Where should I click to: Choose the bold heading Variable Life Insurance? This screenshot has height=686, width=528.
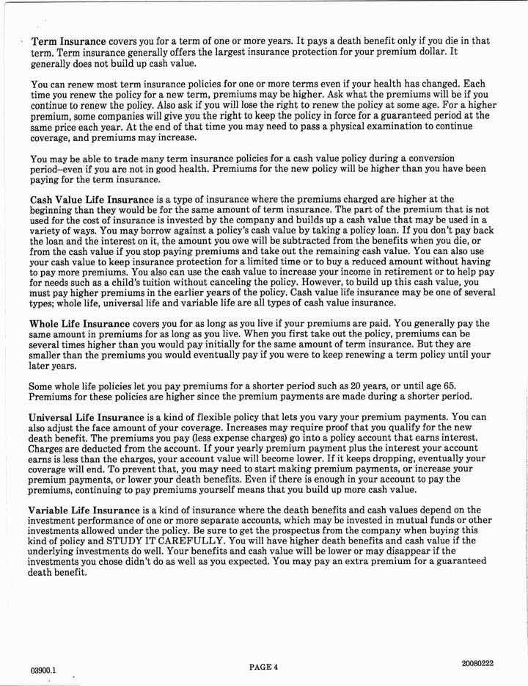(83, 510)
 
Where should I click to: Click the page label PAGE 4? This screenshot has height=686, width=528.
(264, 667)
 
